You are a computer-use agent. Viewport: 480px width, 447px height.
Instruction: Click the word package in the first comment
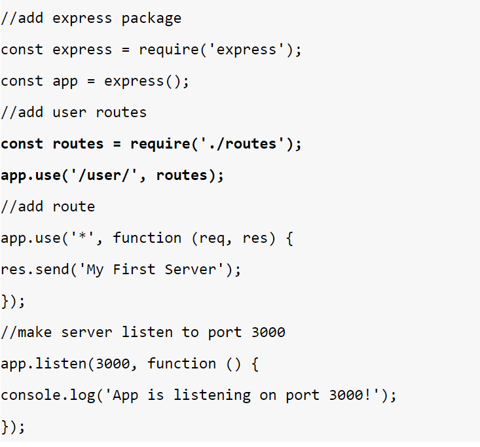(151, 18)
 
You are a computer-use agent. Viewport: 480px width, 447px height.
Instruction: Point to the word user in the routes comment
(69, 113)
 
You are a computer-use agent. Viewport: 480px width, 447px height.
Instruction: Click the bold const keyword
(22, 144)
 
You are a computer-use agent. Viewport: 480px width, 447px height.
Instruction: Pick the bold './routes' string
(242, 144)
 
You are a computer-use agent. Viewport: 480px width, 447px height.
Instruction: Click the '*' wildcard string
(83, 238)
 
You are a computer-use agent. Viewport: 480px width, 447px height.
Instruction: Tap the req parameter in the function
(212, 238)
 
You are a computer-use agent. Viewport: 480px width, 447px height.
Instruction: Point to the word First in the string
(134, 270)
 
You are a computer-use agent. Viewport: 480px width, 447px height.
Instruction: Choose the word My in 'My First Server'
(95, 270)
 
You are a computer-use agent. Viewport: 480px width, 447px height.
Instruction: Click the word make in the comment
(35, 332)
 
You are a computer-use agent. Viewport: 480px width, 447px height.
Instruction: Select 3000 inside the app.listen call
(113, 364)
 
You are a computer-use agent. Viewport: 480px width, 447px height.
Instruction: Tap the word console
(30, 395)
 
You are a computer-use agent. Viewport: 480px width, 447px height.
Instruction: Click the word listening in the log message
(212, 395)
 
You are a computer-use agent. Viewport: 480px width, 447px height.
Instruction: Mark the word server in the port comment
(86, 332)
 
